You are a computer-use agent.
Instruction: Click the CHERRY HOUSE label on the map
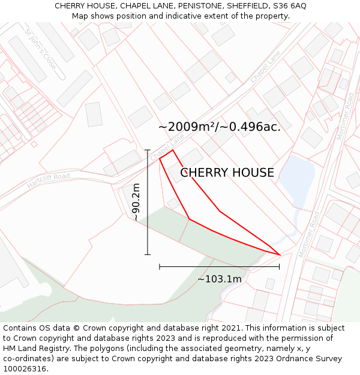[227, 173]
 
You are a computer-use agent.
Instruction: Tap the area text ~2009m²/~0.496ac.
[220, 127]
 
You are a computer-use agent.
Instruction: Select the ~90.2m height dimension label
[136, 202]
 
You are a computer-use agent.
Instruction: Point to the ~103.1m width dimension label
[220, 279]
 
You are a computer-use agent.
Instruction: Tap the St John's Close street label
[41, 47]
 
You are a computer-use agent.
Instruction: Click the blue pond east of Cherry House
[298, 180]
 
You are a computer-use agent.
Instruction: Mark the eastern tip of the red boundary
[280, 254]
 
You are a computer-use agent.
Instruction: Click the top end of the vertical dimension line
[148, 150]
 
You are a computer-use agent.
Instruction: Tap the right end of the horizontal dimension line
[279, 266]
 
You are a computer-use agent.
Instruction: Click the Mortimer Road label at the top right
[346, 116]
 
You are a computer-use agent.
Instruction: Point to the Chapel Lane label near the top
[266, 67]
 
